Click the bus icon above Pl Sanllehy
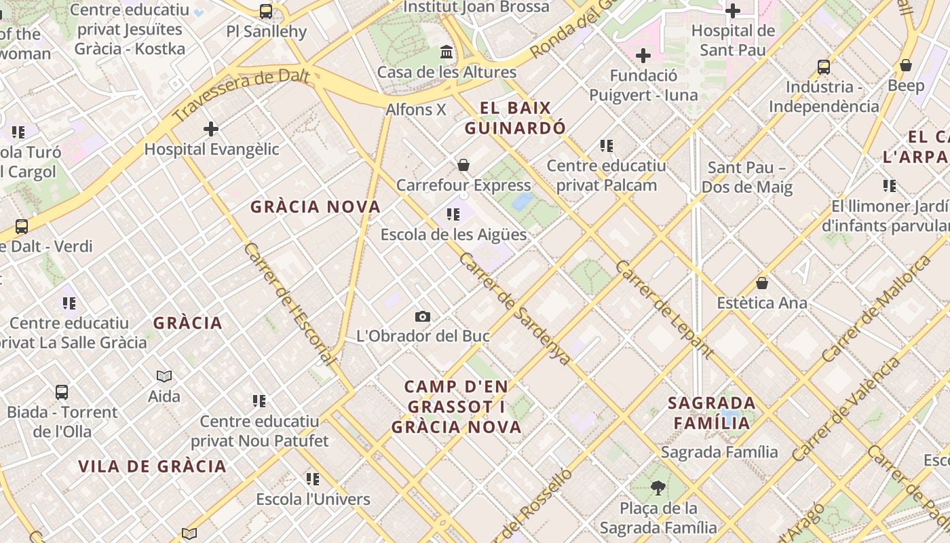click(x=266, y=12)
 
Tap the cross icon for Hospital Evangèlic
click(x=211, y=128)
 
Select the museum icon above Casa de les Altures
click(x=446, y=52)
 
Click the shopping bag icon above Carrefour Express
click(x=463, y=165)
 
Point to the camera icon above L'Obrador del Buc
click(x=423, y=316)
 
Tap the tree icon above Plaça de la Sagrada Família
click(x=658, y=487)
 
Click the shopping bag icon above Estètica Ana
click(x=762, y=283)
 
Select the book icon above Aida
click(x=164, y=376)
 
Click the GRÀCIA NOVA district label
click(x=316, y=207)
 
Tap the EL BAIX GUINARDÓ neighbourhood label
click(x=515, y=118)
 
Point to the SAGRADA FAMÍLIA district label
click(x=711, y=413)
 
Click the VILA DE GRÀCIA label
click(x=152, y=466)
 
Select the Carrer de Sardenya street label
click(x=515, y=309)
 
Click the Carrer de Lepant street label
click(x=664, y=309)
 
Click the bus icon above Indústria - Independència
click(x=824, y=67)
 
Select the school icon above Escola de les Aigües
click(x=453, y=214)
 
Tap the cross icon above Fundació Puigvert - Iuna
click(x=643, y=56)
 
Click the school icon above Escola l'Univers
click(x=313, y=479)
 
